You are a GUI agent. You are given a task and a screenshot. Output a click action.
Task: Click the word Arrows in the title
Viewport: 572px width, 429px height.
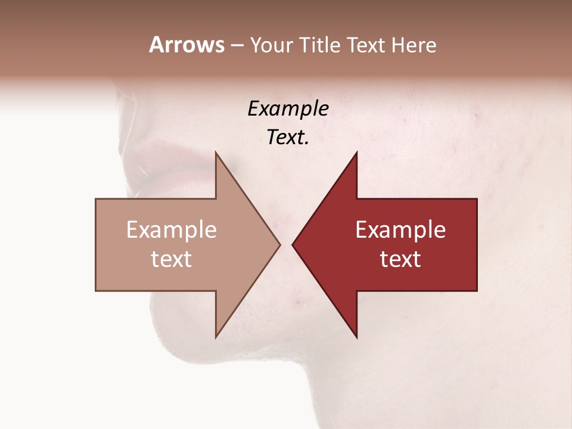(x=186, y=45)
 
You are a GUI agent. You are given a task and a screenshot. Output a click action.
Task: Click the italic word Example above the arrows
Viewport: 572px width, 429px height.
(x=288, y=108)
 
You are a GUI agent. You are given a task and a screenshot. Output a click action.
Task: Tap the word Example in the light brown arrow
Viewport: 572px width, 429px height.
(x=172, y=230)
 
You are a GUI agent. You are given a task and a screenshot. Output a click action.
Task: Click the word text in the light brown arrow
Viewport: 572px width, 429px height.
(x=172, y=259)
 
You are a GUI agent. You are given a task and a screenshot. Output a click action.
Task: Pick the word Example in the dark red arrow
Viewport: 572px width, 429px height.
(x=400, y=230)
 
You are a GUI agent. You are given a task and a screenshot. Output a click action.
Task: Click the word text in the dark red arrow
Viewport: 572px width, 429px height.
(x=400, y=259)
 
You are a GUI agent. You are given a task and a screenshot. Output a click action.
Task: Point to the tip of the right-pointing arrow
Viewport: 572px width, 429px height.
(x=279, y=244)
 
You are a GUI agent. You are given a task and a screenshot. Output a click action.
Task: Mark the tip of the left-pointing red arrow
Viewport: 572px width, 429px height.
(x=293, y=244)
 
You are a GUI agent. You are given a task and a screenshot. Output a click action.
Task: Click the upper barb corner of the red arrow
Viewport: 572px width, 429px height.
(x=356, y=153)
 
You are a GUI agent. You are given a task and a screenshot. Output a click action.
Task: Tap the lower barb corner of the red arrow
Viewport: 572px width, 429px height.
(x=356, y=337)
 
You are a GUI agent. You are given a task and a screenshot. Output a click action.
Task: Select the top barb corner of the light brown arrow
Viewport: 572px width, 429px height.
(x=216, y=153)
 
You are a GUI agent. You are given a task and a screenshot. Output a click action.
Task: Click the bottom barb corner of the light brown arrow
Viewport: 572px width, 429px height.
(x=216, y=337)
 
